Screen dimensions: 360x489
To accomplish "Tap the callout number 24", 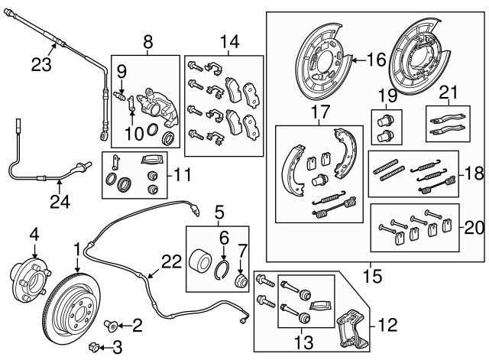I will coord(60,203).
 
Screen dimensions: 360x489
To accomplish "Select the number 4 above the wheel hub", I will coord(34,233).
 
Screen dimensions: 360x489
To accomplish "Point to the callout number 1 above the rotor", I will coord(76,248).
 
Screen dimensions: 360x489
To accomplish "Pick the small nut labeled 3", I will coord(95,348).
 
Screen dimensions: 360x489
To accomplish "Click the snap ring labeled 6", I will coord(224,268).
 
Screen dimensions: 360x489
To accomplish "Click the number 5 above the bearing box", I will coord(219,210).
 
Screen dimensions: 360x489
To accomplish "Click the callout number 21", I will coord(449,94).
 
